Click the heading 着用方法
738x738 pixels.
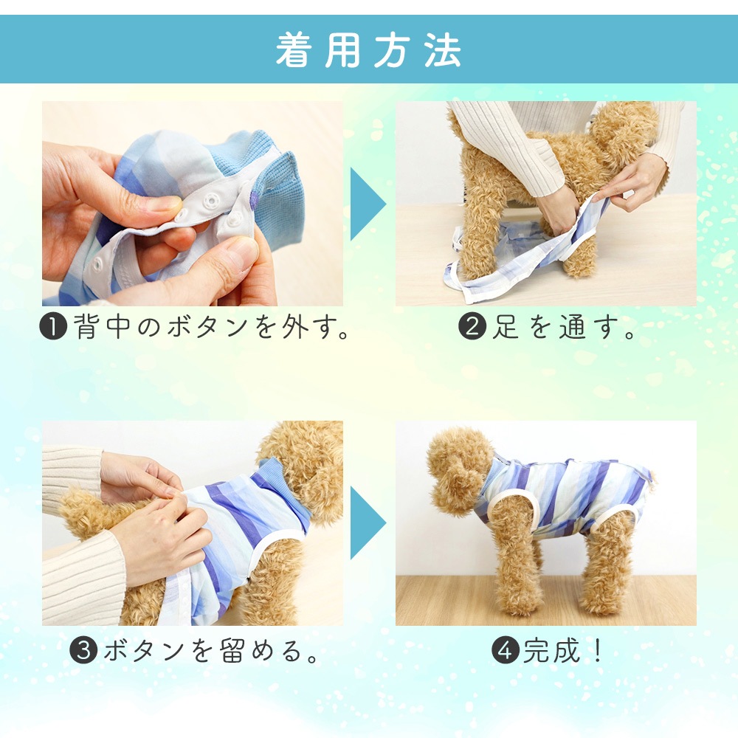[368, 50]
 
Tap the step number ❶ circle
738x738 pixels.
[53, 326]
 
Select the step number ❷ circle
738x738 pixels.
[472, 326]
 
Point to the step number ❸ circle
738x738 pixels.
[84, 650]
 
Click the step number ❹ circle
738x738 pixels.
[506, 650]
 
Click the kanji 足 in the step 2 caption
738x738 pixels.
[506, 326]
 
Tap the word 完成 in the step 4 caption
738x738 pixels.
[551, 650]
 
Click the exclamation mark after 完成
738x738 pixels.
[598, 650]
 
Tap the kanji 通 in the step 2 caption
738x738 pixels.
[573, 326]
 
